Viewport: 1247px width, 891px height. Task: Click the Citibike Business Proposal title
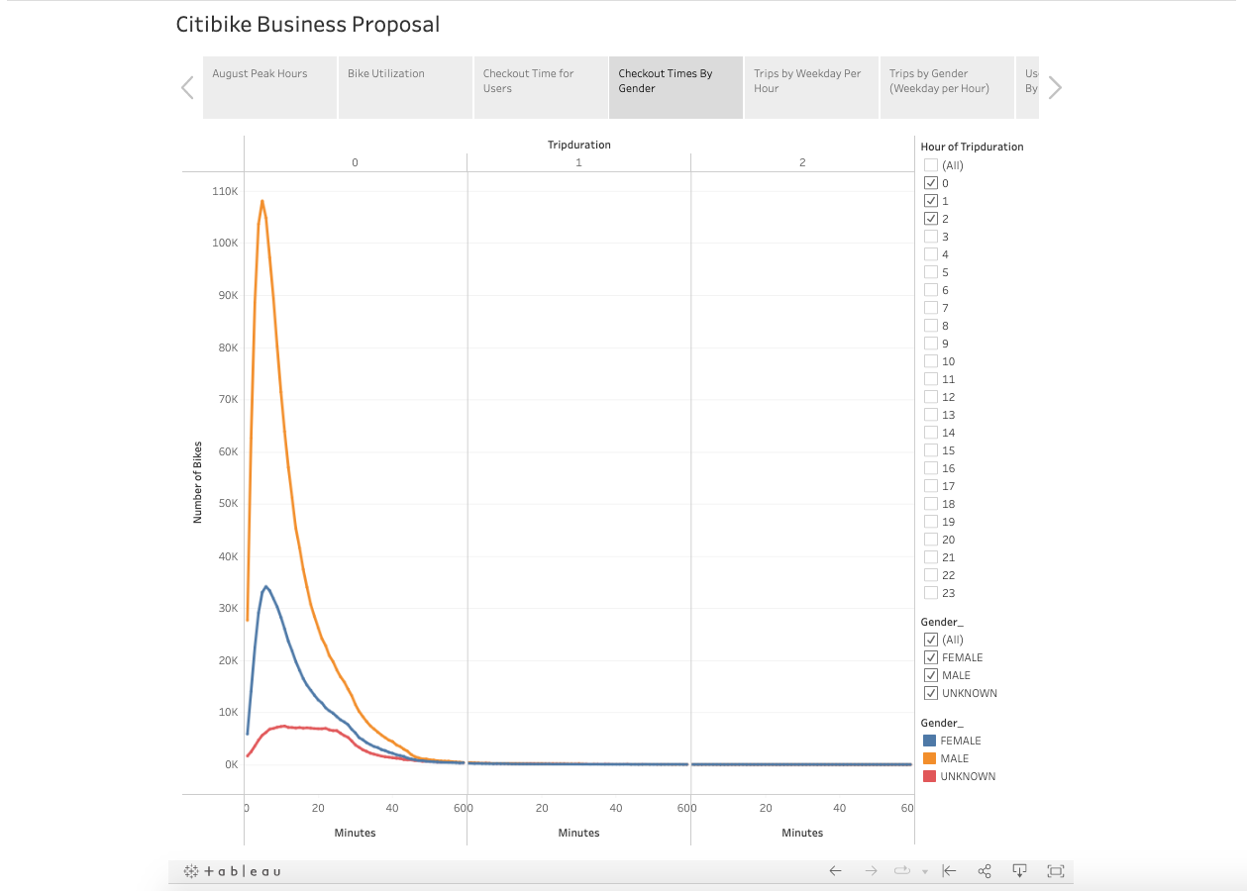coord(307,25)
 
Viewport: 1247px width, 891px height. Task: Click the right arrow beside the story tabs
coord(1055,88)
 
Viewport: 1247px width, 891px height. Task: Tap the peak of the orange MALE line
coord(262,201)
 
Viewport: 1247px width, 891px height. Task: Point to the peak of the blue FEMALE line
coord(265,586)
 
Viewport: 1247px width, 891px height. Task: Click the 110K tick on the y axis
coord(224,191)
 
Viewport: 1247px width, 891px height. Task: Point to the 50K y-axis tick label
coord(226,504)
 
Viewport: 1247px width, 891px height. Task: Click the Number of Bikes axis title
coord(197,483)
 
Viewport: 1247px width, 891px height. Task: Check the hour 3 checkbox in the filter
coord(930,237)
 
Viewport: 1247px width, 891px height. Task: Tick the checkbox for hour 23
coord(930,593)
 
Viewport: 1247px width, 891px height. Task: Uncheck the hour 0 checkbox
coord(930,183)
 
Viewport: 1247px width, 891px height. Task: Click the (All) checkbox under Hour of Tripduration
coord(930,165)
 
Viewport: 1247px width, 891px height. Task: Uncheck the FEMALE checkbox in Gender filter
coord(930,657)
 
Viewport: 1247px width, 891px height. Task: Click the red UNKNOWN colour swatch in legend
coord(929,776)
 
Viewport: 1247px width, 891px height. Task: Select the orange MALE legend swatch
coord(929,758)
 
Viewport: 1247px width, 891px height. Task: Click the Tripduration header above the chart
coord(578,145)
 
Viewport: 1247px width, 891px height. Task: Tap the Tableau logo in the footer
coord(233,871)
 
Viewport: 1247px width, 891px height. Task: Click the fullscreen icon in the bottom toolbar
coord(1055,871)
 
